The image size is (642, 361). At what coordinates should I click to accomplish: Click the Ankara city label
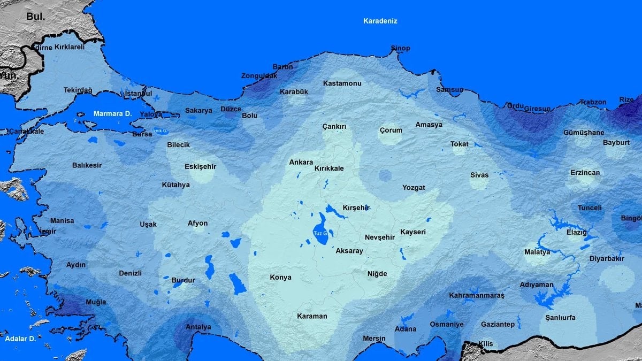(x=301, y=162)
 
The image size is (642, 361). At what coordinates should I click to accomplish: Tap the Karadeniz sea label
(x=380, y=21)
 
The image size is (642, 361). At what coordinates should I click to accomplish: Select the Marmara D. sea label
(x=112, y=113)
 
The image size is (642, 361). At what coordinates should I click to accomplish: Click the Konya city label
(x=281, y=277)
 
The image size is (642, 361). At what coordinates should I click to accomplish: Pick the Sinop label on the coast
(x=400, y=48)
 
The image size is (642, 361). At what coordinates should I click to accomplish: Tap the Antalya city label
(x=198, y=327)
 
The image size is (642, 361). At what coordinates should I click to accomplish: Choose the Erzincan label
(x=585, y=173)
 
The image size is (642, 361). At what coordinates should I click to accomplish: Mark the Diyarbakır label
(x=607, y=258)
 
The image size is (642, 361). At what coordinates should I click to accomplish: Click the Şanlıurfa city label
(x=560, y=317)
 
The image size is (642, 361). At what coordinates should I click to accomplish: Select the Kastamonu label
(x=342, y=83)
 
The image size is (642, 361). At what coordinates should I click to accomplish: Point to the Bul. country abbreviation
(x=35, y=17)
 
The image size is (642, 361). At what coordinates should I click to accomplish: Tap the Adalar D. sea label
(x=20, y=339)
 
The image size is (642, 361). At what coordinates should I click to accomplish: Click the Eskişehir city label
(x=200, y=166)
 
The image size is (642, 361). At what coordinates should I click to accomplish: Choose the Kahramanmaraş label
(x=477, y=295)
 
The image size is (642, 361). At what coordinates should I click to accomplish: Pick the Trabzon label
(x=593, y=102)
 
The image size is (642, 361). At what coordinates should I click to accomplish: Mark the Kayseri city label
(x=413, y=232)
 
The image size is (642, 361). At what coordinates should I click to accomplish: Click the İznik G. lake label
(x=160, y=130)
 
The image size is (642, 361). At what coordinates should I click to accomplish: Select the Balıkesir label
(x=87, y=165)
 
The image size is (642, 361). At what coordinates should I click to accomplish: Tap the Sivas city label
(x=479, y=175)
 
